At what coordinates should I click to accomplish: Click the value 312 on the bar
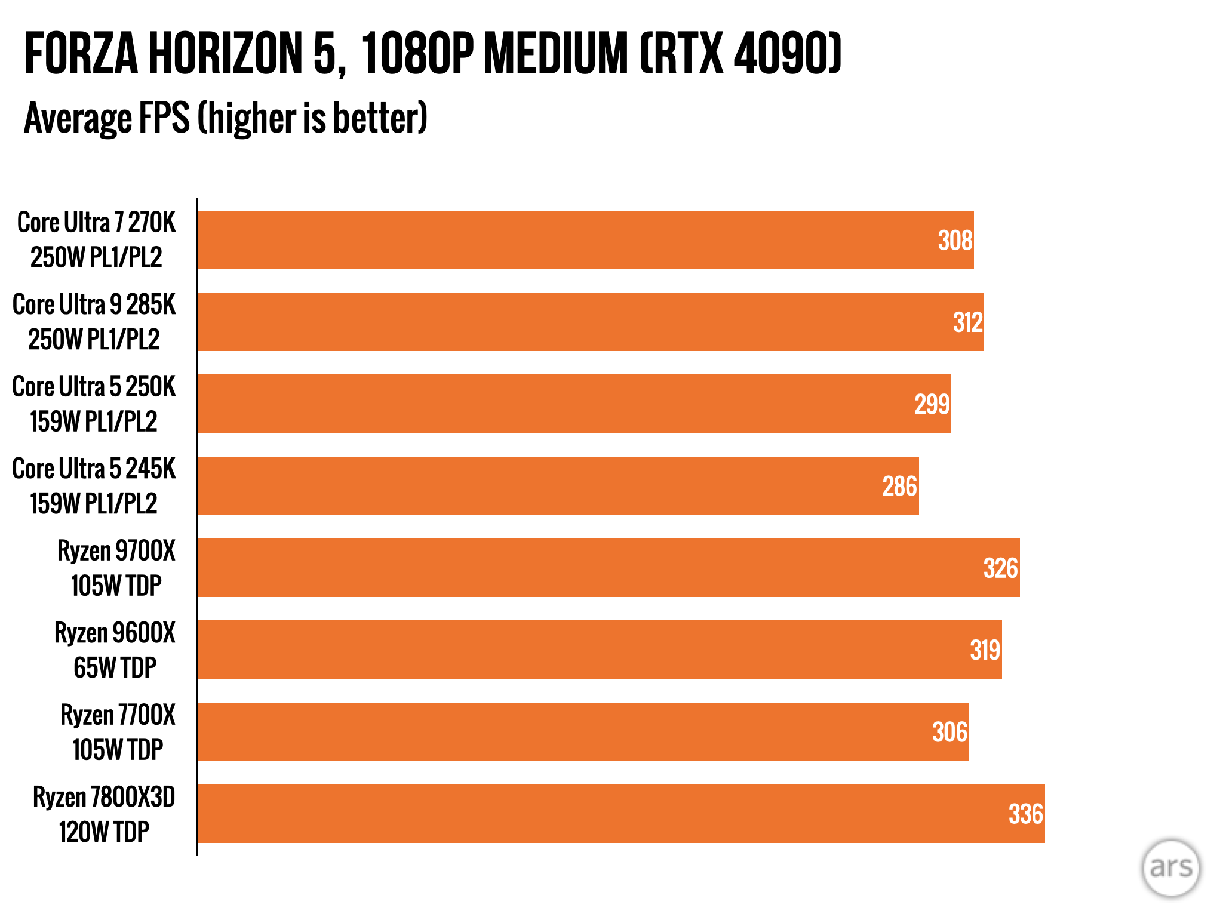(x=967, y=322)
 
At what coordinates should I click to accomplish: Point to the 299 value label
(x=932, y=404)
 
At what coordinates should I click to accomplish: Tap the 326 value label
(x=1000, y=568)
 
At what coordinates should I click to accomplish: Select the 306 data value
(x=949, y=732)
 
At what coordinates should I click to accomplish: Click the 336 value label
(x=1025, y=814)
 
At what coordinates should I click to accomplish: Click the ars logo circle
(x=1170, y=867)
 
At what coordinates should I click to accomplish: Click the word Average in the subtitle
(x=76, y=118)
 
